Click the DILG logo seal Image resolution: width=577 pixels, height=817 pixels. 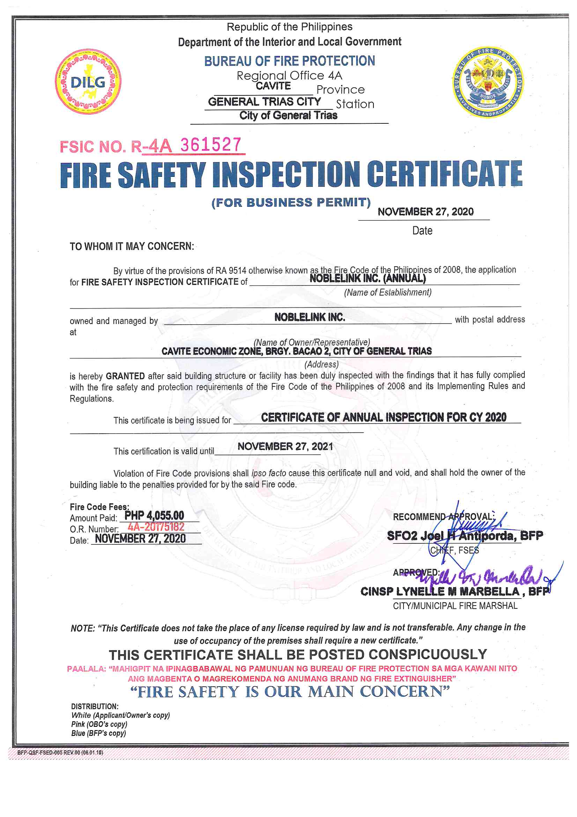pos(88,81)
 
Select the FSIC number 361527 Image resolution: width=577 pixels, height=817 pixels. pos(210,145)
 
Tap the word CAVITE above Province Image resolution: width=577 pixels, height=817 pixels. pos(273,86)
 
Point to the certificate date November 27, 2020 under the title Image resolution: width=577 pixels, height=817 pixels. pos(425,212)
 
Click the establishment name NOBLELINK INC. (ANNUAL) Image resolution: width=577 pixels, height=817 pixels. pos(367,278)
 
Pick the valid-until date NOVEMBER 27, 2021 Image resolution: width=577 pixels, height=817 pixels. pos(285,447)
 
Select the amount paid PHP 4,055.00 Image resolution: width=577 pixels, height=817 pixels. pos(154,516)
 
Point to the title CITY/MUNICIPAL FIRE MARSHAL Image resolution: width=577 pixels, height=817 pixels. pos(455,606)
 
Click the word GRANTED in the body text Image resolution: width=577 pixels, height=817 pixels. pos(125,376)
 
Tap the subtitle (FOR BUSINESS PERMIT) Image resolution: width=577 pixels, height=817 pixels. pos(291,202)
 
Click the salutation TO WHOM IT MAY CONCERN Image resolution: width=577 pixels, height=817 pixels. pos(132,246)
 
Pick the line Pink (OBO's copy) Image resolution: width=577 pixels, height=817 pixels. pos(99,724)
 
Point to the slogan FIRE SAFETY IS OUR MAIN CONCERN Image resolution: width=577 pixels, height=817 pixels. pos(290,692)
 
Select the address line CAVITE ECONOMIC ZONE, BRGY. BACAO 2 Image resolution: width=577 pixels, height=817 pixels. pos(296,351)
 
